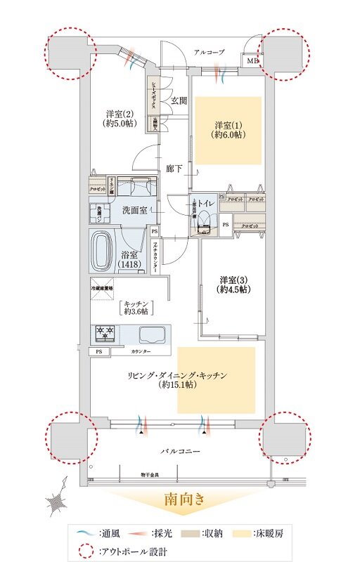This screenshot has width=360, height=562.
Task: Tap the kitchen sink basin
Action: pyautogui.click(x=151, y=334)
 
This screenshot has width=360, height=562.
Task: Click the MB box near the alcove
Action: pyautogui.click(x=252, y=61)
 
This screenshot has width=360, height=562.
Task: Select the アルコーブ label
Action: pyautogui.click(x=210, y=52)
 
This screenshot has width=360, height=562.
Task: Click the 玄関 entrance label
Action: pyautogui.click(x=179, y=100)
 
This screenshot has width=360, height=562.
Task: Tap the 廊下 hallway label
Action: pyautogui.click(x=174, y=169)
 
